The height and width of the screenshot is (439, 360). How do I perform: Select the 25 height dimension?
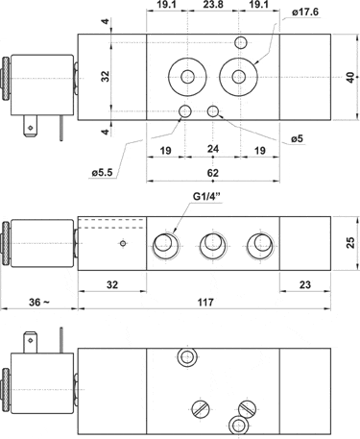coord(350,245)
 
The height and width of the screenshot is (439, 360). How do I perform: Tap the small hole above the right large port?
coord(242,41)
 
